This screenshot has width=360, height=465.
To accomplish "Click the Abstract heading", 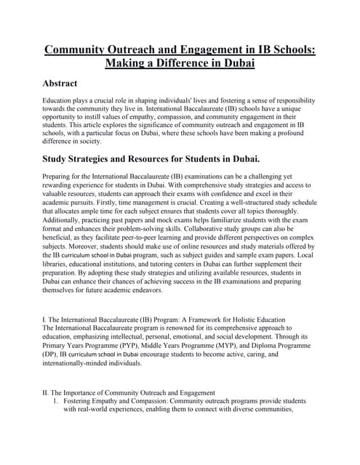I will coord(71,84).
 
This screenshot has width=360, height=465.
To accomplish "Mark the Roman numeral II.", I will coord(48,393).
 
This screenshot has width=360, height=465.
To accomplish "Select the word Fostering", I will coord(82,401).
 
